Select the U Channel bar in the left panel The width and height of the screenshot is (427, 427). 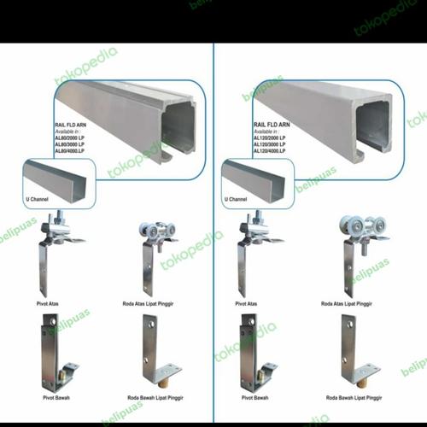point(56,179)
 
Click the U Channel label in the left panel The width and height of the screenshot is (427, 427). point(38,199)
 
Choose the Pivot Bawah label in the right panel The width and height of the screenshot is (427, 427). point(256,399)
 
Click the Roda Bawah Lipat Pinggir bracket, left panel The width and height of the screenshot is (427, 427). point(155,354)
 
